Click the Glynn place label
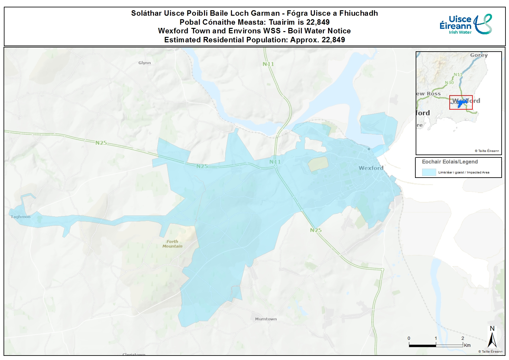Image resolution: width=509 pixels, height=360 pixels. pos(144,63)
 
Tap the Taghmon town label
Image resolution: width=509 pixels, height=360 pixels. pos(21,217)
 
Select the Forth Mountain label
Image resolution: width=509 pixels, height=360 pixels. pos(172,244)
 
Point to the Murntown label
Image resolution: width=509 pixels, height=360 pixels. pos(266,319)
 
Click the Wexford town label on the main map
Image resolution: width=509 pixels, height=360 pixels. pos(371,168)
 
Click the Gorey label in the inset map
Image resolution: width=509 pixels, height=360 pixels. pos(479,55)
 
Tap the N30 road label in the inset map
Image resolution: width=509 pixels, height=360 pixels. pos(449,82)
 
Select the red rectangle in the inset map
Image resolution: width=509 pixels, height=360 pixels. pos(461,103)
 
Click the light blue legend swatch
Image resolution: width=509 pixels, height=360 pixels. pos(428,172)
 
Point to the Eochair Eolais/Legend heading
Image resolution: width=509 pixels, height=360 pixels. pos(450,162)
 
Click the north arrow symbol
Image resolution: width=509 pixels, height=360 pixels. pos(492,338)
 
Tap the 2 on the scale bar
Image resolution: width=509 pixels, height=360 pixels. pos(462,338)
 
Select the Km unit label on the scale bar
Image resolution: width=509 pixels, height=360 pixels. pos(467,345)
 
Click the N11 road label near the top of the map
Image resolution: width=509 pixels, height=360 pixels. pos(268,64)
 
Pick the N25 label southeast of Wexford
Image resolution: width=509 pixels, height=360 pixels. pos(316,230)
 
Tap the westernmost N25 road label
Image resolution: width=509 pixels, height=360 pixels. pos(101,143)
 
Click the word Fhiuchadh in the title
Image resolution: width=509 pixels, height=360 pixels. pos(359,13)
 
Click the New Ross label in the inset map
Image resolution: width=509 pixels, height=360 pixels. pos(428,94)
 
